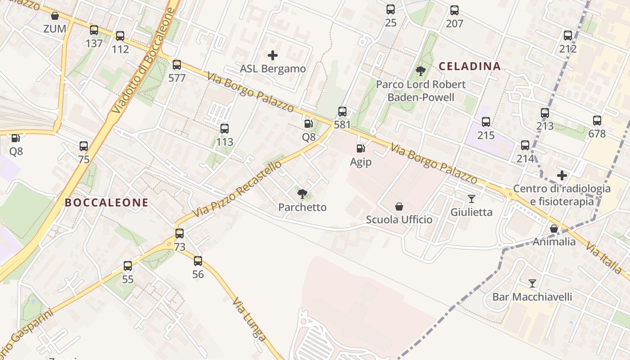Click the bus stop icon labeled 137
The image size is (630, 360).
(x=94, y=30)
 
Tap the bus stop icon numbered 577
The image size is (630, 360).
(x=177, y=64)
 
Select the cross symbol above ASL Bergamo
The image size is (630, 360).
(x=273, y=55)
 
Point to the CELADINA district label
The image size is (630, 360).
(x=469, y=66)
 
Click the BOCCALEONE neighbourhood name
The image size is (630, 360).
(x=107, y=202)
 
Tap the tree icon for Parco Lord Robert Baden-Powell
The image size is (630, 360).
(x=421, y=71)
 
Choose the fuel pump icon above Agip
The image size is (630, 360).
(x=360, y=148)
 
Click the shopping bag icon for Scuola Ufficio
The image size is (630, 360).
(x=399, y=207)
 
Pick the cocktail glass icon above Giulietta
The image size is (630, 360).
(x=472, y=198)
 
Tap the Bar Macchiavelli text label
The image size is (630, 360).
(x=532, y=297)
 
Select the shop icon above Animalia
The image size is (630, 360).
(x=554, y=229)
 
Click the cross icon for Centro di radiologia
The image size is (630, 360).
(x=562, y=175)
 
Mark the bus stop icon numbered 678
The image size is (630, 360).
(x=597, y=120)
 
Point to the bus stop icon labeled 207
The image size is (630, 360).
(x=454, y=10)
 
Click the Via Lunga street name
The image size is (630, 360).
(x=249, y=319)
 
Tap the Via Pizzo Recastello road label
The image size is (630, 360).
(x=237, y=189)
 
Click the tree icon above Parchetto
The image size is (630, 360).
(x=302, y=194)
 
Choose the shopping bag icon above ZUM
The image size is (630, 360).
(x=55, y=16)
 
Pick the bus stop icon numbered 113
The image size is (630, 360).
(x=225, y=129)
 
